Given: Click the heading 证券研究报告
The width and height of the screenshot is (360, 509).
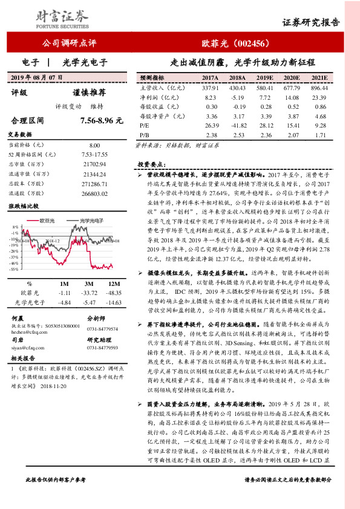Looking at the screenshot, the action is [x=319, y=23].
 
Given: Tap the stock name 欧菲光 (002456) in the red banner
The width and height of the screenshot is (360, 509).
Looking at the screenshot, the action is [x=232, y=44].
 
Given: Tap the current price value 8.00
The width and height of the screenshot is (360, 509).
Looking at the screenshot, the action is [x=94, y=146].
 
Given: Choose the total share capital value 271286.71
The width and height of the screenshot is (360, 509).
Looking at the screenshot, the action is [x=94, y=182].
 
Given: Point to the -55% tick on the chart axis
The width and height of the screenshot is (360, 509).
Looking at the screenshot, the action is [x=13, y=270].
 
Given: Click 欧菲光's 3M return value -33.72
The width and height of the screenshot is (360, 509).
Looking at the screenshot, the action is [x=90, y=292].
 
